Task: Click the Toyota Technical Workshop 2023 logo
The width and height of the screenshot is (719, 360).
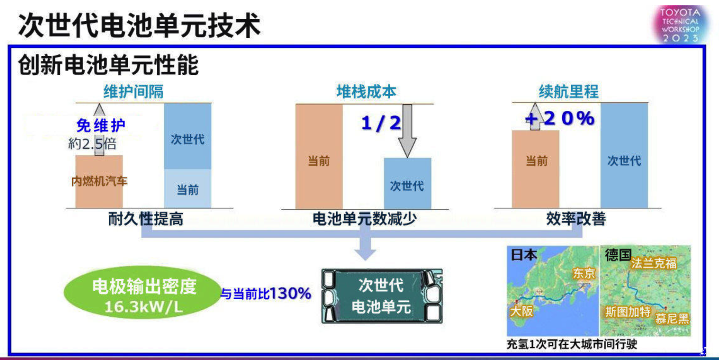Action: click(x=680, y=24)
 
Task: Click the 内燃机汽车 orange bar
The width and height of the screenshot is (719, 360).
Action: click(x=99, y=181)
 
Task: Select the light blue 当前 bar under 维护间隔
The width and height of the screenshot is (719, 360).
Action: click(x=188, y=189)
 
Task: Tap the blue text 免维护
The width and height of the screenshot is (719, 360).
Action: click(x=101, y=126)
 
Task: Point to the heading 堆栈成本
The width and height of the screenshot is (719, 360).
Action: click(x=366, y=91)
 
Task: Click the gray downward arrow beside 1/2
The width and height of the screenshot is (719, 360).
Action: click(x=407, y=131)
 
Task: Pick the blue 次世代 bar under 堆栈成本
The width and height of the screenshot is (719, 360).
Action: click(x=407, y=183)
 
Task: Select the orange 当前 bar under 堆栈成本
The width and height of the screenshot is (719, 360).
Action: click(x=319, y=157)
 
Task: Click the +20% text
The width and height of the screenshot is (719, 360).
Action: click(x=560, y=119)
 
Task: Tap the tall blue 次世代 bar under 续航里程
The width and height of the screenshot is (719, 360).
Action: click(x=624, y=156)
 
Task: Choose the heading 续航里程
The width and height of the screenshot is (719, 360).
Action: click(x=569, y=91)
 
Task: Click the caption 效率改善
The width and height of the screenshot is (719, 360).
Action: click(x=576, y=219)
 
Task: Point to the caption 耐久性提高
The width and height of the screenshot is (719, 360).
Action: click(x=146, y=219)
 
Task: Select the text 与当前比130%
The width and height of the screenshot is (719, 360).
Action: click(x=266, y=294)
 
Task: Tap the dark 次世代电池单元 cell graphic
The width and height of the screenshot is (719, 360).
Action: click(x=382, y=296)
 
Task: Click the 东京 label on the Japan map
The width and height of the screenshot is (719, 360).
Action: click(x=584, y=274)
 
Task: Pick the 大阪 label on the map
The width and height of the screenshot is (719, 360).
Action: click(x=521, y=311)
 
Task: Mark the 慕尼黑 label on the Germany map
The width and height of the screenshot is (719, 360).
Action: click(x=672, y=319)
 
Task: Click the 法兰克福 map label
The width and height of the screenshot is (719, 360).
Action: click(x=654, y=263)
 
